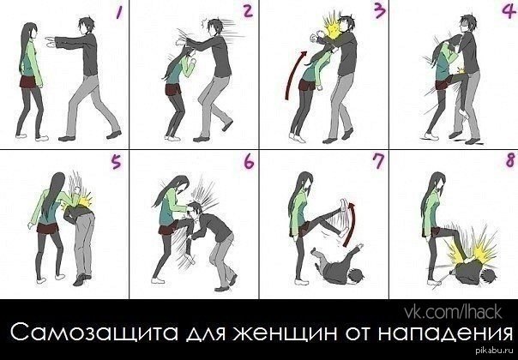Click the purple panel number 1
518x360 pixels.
118,13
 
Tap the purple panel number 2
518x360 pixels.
247,10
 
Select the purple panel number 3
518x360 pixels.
379,11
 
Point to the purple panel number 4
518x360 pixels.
509,12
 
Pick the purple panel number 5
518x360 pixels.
116,163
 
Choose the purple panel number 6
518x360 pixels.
249,162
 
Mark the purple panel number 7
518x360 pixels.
378,162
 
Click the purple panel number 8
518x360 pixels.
510,160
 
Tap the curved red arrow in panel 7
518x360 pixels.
351,225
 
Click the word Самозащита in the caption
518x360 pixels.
93,333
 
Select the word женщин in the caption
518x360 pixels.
286,333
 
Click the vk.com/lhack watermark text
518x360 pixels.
453,312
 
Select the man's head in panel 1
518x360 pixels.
87,25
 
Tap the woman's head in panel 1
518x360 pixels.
30,32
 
